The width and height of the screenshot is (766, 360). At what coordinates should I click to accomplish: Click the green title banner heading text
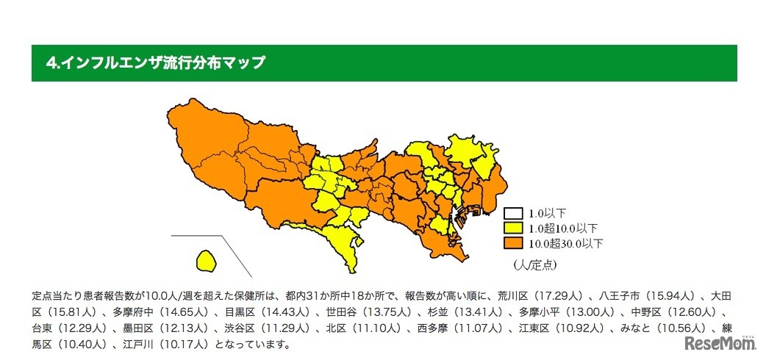(155, 63)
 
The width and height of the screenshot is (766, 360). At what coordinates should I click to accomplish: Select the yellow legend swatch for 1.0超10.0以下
(512, 228)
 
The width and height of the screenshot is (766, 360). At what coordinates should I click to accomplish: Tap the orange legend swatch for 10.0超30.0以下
(512, 242)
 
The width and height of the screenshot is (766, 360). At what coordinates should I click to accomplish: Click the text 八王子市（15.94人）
(649, 297)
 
